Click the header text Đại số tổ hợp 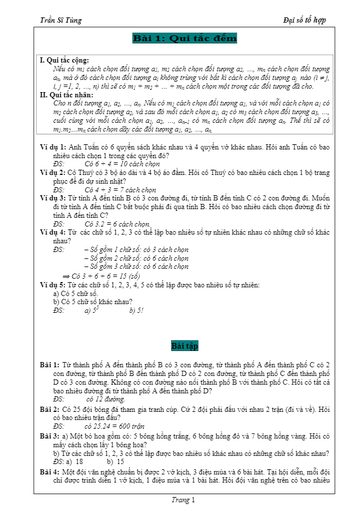(x=304, y=20)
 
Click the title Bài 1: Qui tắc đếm (x=185, y=39)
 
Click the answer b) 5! (x=137, y=311)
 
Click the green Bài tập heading (x=185, y=346)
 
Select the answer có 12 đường (x=106, y=399)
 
